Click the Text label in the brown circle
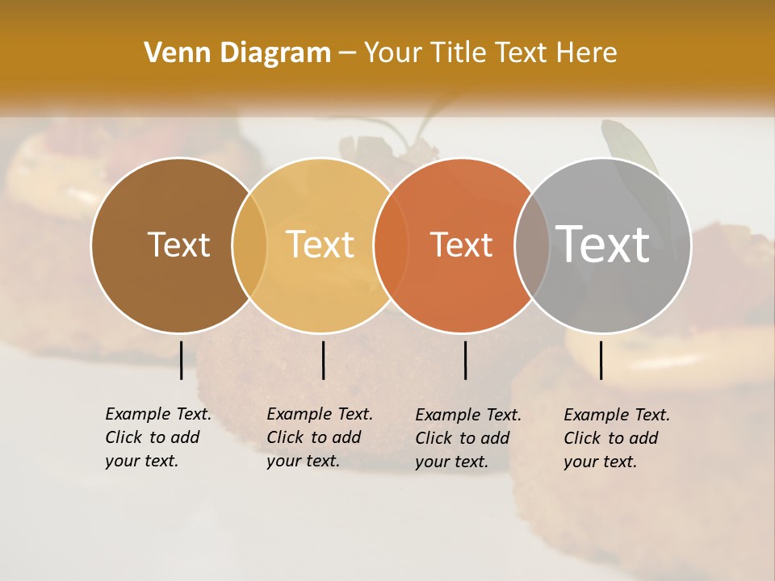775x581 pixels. point(178,245)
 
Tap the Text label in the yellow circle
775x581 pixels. point(320,245)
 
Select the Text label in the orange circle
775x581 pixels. point(461,245)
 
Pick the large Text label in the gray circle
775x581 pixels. point(603,245)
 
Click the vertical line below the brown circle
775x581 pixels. point(181,360)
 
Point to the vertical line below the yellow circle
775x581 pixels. point(323,360)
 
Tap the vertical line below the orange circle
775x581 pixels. point(465,360)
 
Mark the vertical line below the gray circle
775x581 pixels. point(601,360)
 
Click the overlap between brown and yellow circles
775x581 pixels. point(249,245)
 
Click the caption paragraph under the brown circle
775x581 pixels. point(158,437)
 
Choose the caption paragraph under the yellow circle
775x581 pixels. point(320,437)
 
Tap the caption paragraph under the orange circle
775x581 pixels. point(468,438)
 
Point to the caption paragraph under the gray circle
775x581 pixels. point(617,438)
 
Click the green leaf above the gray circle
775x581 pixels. point(628,145)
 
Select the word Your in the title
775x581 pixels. point(392,53)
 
